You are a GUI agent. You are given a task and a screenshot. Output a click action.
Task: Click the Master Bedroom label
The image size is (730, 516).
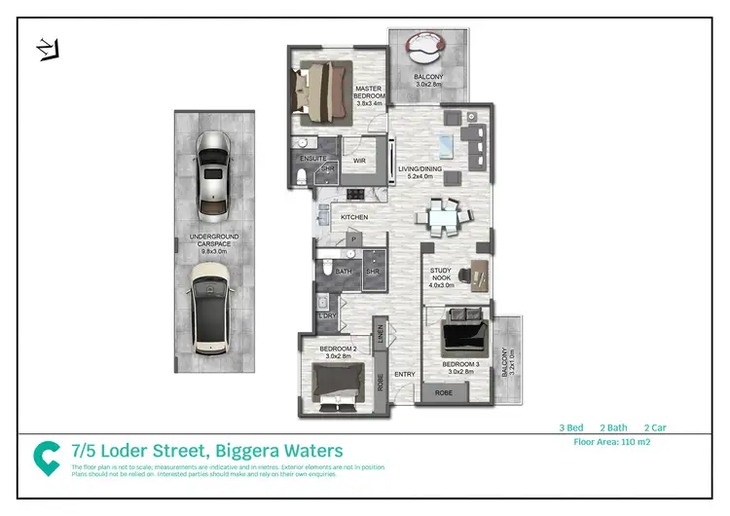click(370, 93)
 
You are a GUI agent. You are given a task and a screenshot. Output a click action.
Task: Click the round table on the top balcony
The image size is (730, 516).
click(425, 47)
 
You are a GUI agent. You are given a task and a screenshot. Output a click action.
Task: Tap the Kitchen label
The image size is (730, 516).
click(352, 216)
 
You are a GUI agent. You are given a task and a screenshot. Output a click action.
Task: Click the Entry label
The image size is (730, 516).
click(405, 375)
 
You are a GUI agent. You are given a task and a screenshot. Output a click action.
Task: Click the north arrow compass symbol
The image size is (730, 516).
click(45, 47)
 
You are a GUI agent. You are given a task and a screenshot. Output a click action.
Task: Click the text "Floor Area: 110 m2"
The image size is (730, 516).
click(614, 441)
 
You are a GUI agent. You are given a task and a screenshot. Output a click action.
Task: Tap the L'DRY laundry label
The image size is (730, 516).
click(327, 316)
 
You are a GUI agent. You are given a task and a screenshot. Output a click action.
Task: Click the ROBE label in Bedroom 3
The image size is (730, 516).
click(443, 393)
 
